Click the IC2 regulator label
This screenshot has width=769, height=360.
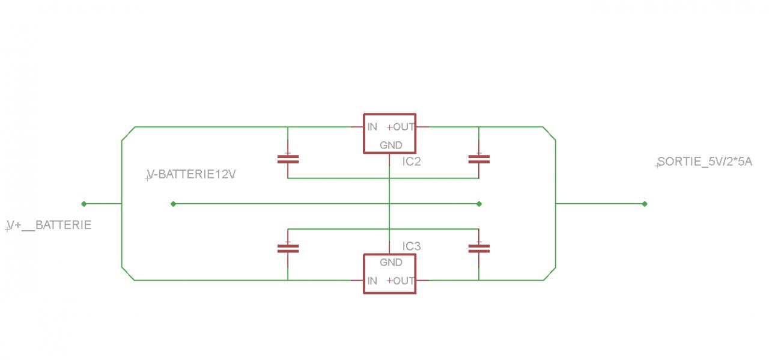tap(412, 161)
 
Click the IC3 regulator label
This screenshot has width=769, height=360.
tap(412, 246)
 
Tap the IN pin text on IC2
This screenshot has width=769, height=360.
tap(372, 127)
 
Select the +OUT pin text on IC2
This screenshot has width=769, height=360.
tap(401, 127)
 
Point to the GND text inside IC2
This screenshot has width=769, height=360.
tap(391, 145)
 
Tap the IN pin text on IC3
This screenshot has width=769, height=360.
tap(372, 281)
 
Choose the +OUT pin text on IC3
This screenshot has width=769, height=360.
tap(401, 281)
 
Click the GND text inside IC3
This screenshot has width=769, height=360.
tap(391, 263)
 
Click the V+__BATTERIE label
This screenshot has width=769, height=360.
tap(49, 225)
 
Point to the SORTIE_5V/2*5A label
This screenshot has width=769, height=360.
tap(704, 162)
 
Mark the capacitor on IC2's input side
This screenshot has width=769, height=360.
tap(288, 159)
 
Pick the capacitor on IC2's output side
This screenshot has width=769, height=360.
tap(479, 159)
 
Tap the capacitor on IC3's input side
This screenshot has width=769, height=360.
tap(288, 248)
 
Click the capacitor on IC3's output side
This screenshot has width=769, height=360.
tap(479, 248)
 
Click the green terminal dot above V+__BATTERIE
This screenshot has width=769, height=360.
tap(84, 204)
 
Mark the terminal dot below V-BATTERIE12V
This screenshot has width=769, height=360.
tap(173, 204)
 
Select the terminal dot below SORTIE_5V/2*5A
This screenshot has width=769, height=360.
tap(645, 204)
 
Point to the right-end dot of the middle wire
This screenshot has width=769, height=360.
tap(479, 204)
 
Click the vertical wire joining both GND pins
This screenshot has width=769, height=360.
tap(389, 192)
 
